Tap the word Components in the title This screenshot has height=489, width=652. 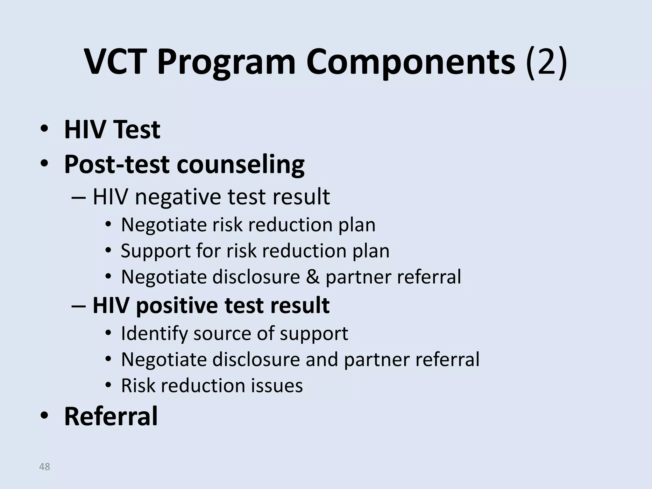point(410,62)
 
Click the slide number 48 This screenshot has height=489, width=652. point(44,467)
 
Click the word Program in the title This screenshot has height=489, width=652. point(226,62)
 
